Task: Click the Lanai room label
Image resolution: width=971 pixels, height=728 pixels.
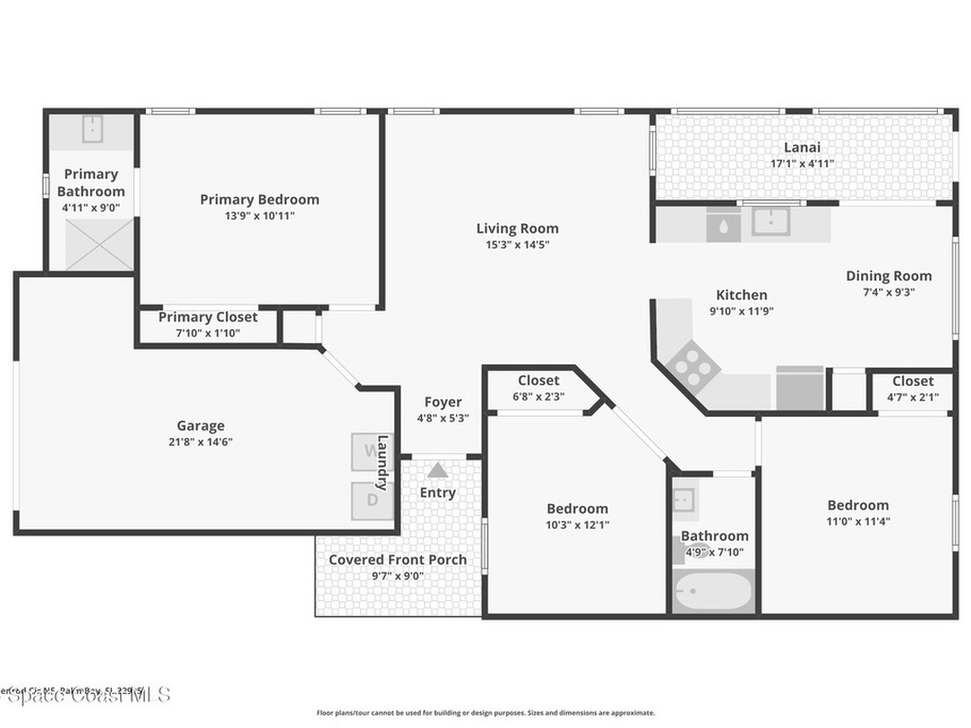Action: pos(801,147)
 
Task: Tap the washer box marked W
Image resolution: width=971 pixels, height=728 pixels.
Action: pos(367,452)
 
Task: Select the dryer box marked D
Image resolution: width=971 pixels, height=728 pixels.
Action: pos(372,500)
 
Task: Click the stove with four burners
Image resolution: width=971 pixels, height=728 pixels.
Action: pos(693,368)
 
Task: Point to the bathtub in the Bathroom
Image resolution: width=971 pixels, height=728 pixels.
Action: pos(713,592)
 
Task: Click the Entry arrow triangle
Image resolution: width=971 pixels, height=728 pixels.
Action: pos(437,470)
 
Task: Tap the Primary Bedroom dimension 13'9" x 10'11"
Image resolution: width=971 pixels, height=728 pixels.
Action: pos(259,216)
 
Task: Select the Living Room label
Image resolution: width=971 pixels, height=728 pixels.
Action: pos(517,228)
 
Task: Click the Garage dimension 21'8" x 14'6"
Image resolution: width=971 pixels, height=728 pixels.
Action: pos(200,442)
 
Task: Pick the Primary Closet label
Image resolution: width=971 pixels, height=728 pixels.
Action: pos(208,318)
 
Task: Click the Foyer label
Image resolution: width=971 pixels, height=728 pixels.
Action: pos(443,402)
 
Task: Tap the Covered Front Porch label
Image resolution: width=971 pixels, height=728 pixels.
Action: pos(397,559)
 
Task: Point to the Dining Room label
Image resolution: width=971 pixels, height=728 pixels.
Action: pos(889,276)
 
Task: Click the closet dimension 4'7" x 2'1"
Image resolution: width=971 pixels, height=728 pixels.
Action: pos(912,397)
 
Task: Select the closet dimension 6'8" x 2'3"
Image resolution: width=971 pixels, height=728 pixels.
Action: pos(539,397)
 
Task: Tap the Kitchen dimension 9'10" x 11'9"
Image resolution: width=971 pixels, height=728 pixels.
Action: pos(742,311)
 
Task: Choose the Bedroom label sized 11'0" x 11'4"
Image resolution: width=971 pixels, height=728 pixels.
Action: pos(857,505)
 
